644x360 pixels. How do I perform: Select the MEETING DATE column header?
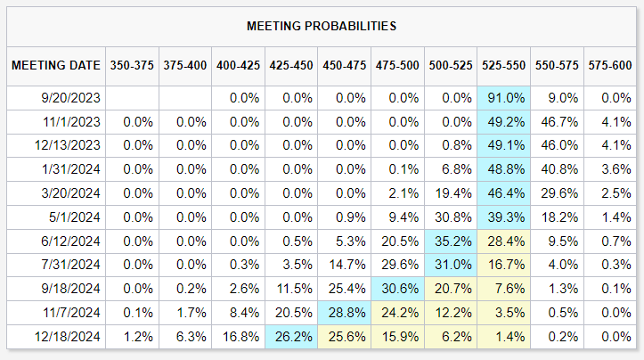pyautogui.click(x=53, y=65)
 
